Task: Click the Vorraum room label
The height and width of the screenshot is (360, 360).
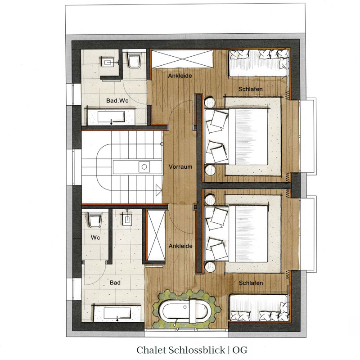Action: click(180, 166)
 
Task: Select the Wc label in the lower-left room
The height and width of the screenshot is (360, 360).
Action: click(95, 237)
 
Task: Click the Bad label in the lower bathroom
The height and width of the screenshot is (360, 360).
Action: click(116, 283)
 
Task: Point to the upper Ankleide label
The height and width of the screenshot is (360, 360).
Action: click(180, 76)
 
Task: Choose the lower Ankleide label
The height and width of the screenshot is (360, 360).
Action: click(180, 246)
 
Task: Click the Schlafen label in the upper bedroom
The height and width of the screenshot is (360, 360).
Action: click(251, 90)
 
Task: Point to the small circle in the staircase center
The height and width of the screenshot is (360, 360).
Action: click(144, 166)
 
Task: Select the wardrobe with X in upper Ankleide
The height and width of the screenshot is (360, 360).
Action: click(182, 59)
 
